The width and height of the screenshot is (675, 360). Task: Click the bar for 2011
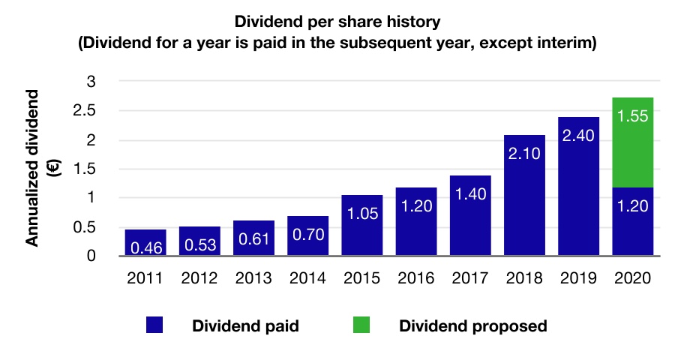145,242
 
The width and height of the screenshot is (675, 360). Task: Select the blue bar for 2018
523,196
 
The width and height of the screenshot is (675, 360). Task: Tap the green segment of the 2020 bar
632,142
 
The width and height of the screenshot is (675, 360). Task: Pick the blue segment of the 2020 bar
632,221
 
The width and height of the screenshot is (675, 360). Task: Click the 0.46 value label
145,247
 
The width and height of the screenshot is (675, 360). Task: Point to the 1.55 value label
632,117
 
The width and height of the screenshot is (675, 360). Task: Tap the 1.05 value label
361,214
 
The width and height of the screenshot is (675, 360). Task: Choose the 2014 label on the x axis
307,277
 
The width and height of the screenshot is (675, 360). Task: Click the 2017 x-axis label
469,277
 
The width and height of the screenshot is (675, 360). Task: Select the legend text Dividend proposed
472,326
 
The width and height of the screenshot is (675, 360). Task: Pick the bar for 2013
253,238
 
